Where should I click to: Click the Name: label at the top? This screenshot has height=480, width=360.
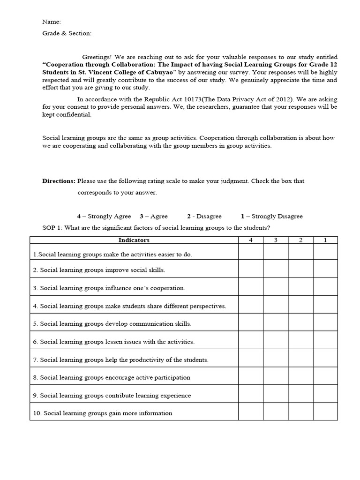coord(52,22)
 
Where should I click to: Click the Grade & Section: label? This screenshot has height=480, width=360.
coord(67,33)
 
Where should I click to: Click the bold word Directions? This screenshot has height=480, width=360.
coord(59,181)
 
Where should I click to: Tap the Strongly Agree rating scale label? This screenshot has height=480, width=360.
coord(105,216)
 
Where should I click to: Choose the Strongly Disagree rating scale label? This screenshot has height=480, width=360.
coord(272,216)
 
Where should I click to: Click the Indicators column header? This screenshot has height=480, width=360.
coord(134,240)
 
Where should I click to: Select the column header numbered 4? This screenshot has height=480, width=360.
coord(250,240)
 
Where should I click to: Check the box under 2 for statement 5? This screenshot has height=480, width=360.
coord(300,322)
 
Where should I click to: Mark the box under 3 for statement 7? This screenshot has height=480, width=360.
coord(275,359)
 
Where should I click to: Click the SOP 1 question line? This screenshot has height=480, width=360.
coord(157,228)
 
